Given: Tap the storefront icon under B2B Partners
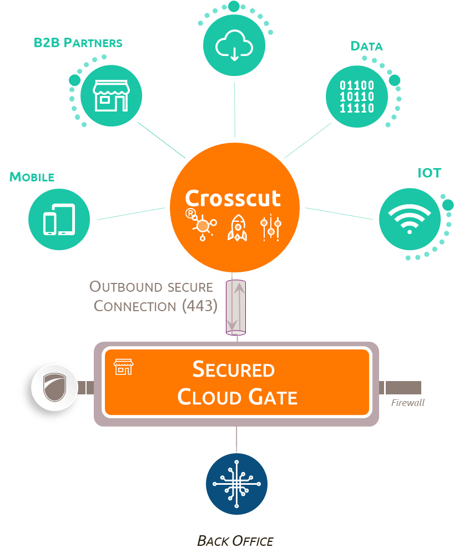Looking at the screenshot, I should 112,95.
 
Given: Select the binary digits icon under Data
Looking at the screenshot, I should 357,97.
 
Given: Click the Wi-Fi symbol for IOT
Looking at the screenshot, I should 409,219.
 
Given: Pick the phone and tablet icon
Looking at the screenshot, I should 59,219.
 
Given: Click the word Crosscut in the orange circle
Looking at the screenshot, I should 233,198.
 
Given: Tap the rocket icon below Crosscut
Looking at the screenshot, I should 237,228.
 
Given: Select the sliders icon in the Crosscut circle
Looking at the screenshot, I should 271,227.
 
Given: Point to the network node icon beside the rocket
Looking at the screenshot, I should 202,226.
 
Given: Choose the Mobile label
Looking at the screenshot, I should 32,177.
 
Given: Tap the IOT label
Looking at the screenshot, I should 429,173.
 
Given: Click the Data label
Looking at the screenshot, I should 366,46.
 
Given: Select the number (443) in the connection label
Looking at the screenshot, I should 200,306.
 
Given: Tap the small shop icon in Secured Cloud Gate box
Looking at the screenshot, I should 123,366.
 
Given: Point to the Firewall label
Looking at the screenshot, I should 407,403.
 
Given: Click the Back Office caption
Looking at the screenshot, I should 235,541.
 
